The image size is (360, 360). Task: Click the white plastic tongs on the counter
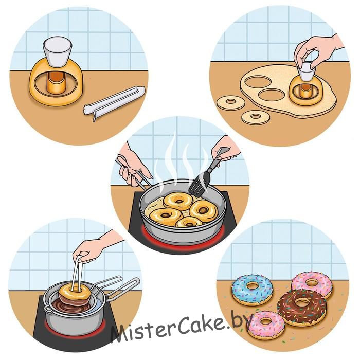115,103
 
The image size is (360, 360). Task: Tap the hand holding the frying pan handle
132,164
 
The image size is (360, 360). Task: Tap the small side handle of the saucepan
47,308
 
